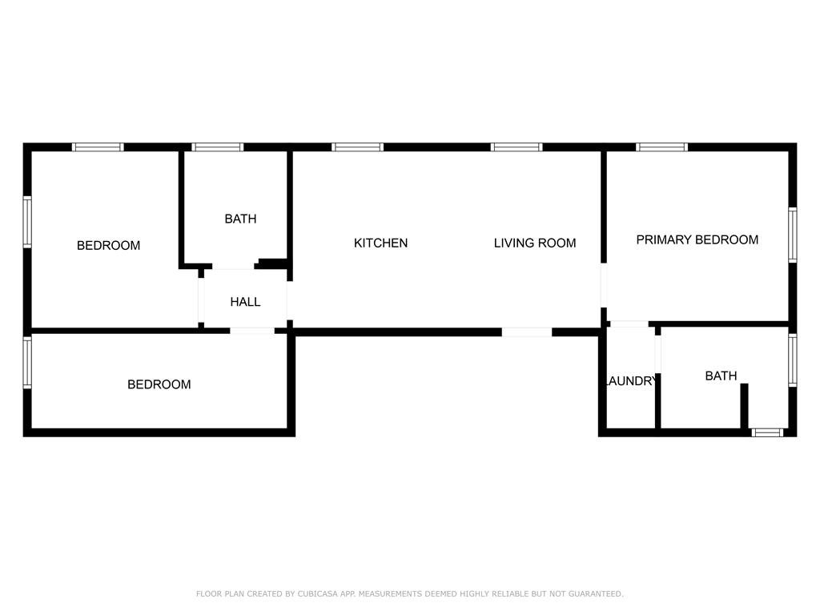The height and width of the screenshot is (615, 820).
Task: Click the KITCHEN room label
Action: click(x=380, y=243)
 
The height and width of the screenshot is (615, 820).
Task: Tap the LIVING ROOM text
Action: click(x=534, y=243)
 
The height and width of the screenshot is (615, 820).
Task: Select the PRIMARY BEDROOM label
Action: click(x=697, y=239)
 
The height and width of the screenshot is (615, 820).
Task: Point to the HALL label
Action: click(x=245, y=302)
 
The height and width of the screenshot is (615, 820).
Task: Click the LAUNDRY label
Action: click(x=630, y=381)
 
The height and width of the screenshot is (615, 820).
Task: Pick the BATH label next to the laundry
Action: click(x=721, y=376)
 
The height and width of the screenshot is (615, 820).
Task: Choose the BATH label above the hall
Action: click(x=240, y=219)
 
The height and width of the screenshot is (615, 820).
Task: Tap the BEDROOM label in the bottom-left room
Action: click(x=159, y=384)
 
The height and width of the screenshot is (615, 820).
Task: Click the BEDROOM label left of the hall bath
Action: click(x=108, y=246)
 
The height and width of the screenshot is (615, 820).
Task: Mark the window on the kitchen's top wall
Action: click(x=357, y=147)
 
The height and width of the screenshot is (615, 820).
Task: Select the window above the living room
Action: click(x=517, y=147)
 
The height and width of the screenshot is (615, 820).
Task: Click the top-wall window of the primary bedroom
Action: click(x=661, y=147)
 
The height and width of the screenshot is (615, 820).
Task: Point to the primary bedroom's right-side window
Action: click(x=792, y=235)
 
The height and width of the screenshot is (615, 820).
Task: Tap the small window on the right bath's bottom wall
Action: click(x=767, y=432)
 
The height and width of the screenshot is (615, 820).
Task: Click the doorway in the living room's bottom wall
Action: click(x=527, y=332)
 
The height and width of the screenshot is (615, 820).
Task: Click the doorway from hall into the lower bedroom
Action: click(x=252, y=331)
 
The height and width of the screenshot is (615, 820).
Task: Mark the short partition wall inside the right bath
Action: click(x=744, y=407)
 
